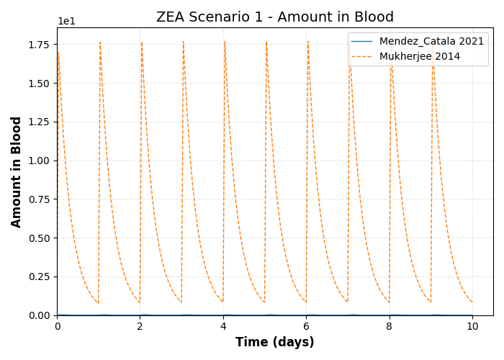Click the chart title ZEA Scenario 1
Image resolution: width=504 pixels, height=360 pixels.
click(275, 17)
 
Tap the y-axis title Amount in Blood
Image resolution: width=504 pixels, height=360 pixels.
click(17, 171)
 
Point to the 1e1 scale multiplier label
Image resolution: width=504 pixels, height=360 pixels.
click(66, 22)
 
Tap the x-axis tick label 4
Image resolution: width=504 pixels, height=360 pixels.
click(223, 326)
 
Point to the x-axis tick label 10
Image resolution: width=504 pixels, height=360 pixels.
click(472, 326)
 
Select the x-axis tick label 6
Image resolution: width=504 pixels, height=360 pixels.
click(307, 326)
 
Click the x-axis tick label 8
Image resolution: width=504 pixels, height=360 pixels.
click(390, 326)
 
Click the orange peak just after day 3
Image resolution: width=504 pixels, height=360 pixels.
click(184, 42)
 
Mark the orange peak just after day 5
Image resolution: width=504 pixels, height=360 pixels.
click(266, 42)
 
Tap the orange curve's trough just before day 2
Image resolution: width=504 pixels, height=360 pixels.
click(140, 302)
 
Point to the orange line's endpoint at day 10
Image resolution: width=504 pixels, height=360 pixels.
click(472, 302)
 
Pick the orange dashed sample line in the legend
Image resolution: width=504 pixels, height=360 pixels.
click(362, 55)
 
